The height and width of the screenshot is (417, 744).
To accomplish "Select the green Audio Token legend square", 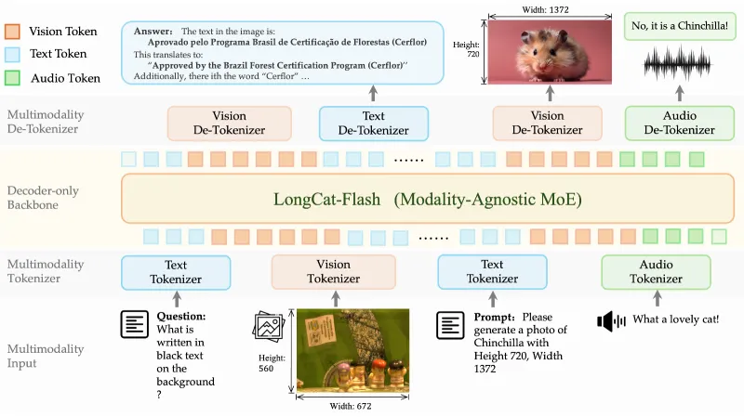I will click(13, 78).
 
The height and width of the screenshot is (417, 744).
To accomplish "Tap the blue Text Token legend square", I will click(13, 54).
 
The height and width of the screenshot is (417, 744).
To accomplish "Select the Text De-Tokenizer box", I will click(373, 123).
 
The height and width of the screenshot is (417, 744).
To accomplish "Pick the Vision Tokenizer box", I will click(333, 271).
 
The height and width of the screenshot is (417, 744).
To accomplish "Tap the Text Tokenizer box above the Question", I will click(176, 271).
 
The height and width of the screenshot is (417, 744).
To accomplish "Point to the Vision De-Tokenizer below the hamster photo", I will click(547, 123).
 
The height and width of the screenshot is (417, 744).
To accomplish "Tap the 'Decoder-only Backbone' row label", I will click(43, 198).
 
